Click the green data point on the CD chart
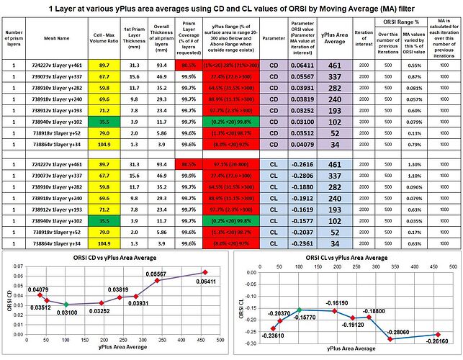pos(66,305)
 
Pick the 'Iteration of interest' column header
pos(365,37)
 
